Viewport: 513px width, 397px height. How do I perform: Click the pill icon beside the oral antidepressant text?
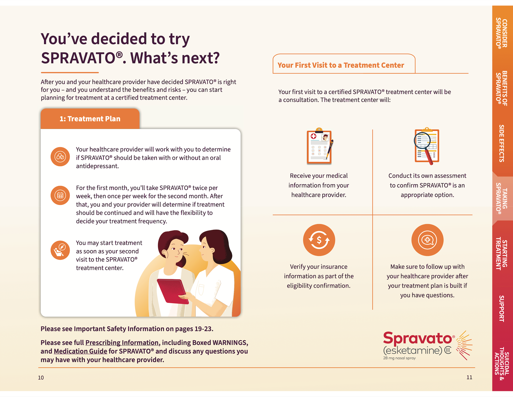pos(60,157)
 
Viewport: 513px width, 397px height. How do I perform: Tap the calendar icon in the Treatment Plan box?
pos(60,195)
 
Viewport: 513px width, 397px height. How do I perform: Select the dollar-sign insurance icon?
pos(319,240)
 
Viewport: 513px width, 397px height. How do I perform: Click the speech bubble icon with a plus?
pos(427,240)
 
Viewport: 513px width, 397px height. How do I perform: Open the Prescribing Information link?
pos(122,343)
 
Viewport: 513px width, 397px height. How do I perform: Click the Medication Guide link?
pos(80,351)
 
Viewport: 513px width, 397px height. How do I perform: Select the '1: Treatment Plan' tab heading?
pos(90,119)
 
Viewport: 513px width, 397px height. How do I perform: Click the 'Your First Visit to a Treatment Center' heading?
pos(341,65)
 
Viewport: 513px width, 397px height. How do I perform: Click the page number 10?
pos(41,378)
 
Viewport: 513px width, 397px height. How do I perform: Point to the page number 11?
pos(469,377)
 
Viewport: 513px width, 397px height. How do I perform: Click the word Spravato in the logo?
pos(418,338)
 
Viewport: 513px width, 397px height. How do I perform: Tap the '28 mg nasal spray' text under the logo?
pos(399,358)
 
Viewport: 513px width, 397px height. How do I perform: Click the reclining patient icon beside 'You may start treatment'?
pos(60,250)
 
